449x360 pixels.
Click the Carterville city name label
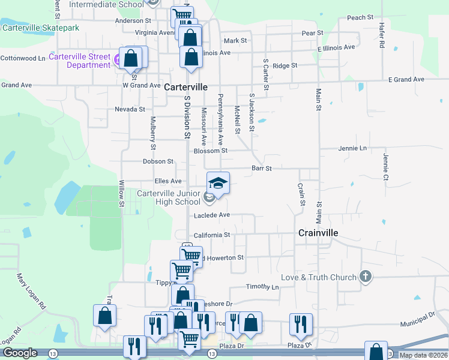[186, 87]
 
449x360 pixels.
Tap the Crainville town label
[318, 233]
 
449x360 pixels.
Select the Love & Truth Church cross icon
[365, 277]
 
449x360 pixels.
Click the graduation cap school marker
[218, 183]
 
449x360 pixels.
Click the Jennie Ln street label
[352, 148]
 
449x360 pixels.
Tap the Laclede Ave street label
[211, 215]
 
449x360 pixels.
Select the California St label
[211, 235]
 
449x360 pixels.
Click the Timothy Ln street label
[262, 287]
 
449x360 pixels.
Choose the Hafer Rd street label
[381, 36]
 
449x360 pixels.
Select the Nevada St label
[130, 109]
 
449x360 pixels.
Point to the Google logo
[20, 353]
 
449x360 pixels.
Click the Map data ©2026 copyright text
[423, 355]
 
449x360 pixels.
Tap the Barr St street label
[262, 169]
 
